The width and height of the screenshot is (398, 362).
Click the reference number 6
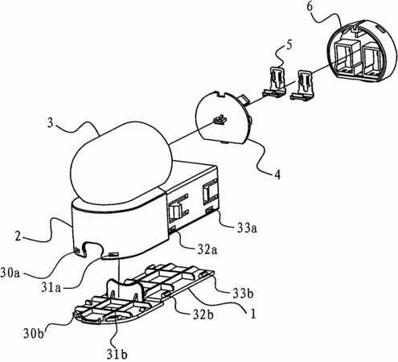[x=310, y=7]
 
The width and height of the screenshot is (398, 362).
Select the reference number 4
[x=277, y=175]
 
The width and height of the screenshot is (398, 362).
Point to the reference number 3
[x=51, y=124]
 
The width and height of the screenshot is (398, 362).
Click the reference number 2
[x=18, y=237]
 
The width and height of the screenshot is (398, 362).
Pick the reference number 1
[x=252, y=314]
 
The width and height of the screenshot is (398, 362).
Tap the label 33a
[x=247, y=228]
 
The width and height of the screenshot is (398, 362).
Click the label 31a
[x=51, y=288]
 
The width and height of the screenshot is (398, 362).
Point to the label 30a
[x=10, y=274]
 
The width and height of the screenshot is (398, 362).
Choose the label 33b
[x=243, y=294]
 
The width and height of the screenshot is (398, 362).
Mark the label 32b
[x=203, y=315]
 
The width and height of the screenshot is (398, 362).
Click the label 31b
[x=117, y=355]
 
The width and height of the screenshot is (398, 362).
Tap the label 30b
[x=33, y=333]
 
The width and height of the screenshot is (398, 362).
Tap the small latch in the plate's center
[x=220, y=119]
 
